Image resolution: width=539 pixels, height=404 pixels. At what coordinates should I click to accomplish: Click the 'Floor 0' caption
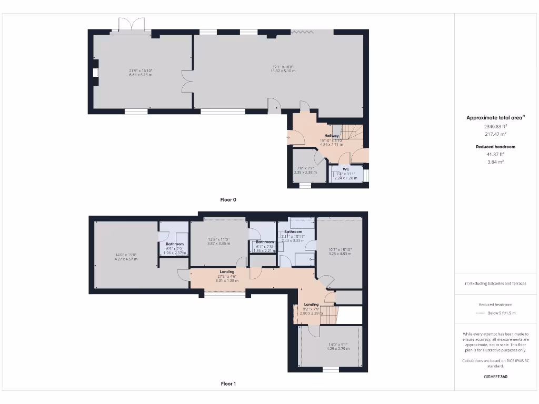[x=228, y=200]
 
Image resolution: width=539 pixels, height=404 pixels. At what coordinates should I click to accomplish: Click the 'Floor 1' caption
[x=228, y=384]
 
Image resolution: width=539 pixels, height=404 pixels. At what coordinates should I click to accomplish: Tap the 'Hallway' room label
[x=332, y=136]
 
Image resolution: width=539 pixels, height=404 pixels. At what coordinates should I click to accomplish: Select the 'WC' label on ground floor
[x=346, y=169]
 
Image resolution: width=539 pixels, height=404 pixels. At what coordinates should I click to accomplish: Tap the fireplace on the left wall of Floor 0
[x=95, y=73]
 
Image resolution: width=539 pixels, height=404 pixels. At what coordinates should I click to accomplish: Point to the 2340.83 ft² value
[x=495, y=126]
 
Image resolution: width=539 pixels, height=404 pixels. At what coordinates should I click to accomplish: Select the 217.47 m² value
[x=495, y=134]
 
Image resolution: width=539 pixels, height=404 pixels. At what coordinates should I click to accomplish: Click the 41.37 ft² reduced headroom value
[x=495, y=154]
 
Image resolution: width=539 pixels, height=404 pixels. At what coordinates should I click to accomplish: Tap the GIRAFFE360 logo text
[x=495, y=377]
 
